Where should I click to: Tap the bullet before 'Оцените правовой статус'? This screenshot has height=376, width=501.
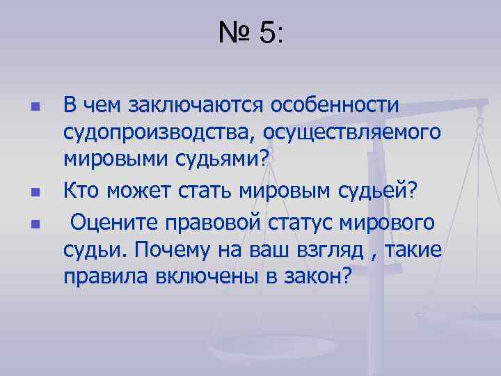[x=34, y=224]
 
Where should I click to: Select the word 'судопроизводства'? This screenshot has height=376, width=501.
[x=157, y=132]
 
